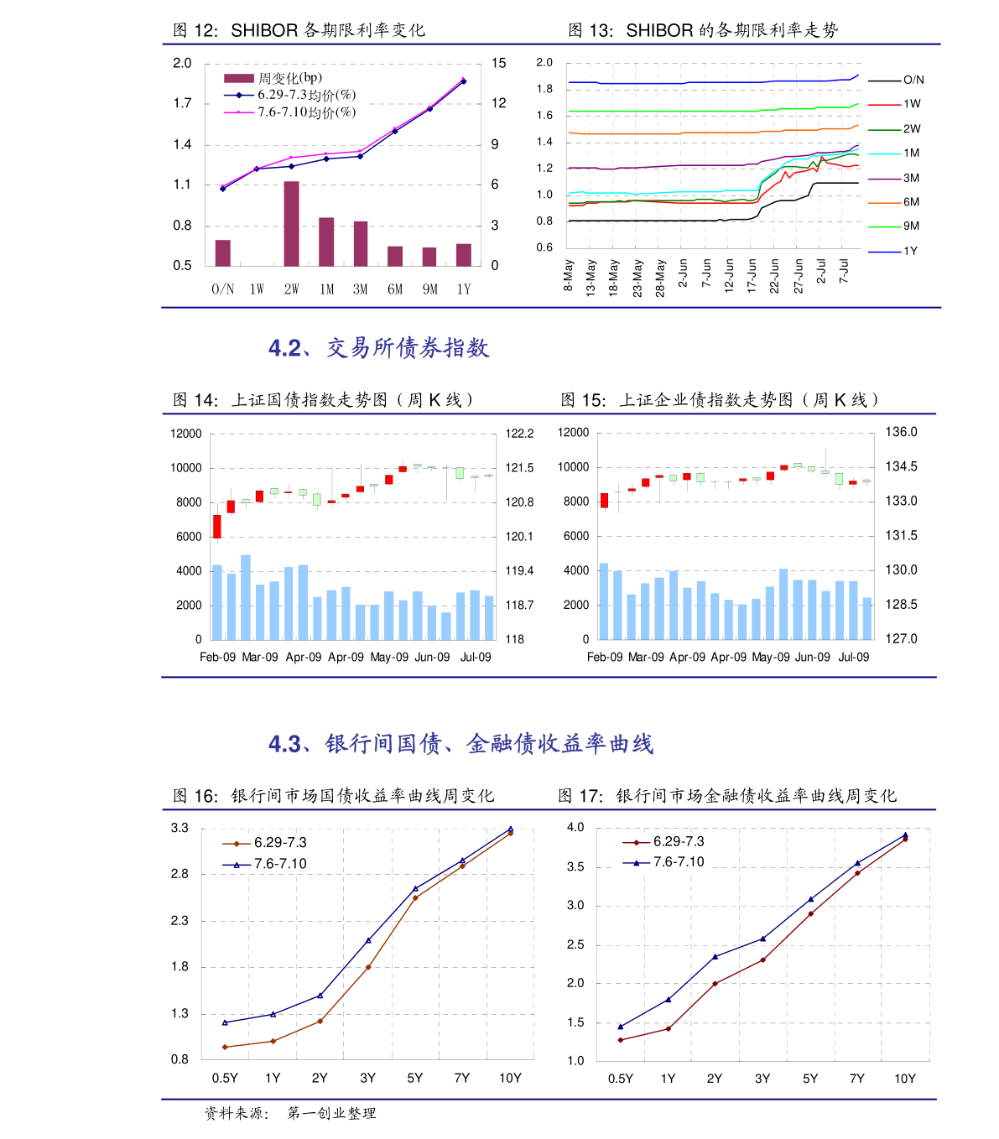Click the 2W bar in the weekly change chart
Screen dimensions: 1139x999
pyautogui.click(x=291, y=224)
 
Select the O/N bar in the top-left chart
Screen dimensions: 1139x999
pyautogui.click(x=222, y=252)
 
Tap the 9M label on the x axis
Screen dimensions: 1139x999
pyautogui.click(x=429, y=289)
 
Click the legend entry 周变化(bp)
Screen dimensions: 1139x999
pyautogui.click(x=273, y=78)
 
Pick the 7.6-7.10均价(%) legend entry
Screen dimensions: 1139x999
pyautogui.click(x=289, y=112)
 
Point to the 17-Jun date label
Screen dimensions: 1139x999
pyautogui.click(x=752, y=274)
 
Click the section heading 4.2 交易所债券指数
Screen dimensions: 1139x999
pyautogui.click(x=378, y=348)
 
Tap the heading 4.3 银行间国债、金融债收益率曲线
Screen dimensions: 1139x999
pyautogui.click(x=460, y=744)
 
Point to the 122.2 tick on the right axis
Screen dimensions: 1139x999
pyautogui.click(x=519, y=434)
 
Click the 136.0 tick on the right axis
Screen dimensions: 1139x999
pyautogui.click(x=902, y=432)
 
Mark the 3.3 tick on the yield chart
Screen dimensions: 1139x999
pyautogui.click(x=180, y=828)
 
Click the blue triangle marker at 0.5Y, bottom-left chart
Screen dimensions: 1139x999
pyautogui.click(x=225, y=1022)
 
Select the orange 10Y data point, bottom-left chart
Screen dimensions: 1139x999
pyautogui.click(x=510, y=833)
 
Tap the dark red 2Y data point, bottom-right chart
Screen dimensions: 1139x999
pyautogui.click(x=715, y=984)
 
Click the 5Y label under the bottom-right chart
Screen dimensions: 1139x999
pyautogui.click(x=810, y=1079)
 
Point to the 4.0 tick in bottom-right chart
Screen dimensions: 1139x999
pyautogui.click(x=575, y=827)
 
